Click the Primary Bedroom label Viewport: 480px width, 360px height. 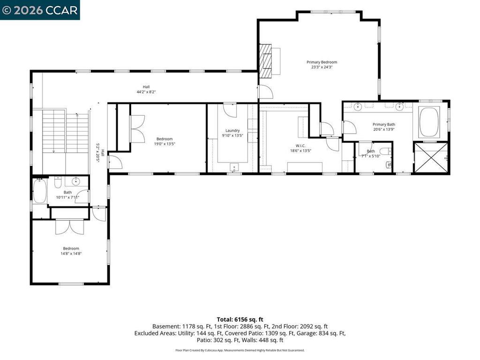322,62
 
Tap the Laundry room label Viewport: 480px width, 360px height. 232,130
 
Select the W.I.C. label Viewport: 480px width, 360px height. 300,146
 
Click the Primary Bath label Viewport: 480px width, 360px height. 383,124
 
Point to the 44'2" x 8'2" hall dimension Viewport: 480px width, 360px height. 146,92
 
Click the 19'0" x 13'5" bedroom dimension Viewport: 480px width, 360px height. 165,144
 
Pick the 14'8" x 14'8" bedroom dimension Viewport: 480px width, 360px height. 71,254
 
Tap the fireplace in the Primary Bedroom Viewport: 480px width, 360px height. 265,60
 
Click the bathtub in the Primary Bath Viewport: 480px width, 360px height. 429,121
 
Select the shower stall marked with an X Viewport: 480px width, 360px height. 430,157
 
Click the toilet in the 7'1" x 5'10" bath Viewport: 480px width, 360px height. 386,151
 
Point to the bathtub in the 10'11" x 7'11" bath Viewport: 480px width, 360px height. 40,191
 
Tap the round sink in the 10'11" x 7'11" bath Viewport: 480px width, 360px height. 76,181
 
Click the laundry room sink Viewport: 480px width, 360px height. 234,167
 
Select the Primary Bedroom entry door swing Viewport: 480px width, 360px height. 266,92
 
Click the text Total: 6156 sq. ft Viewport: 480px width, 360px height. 240,320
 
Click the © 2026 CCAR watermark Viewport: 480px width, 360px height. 40,10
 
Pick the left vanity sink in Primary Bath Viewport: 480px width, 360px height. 357,107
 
